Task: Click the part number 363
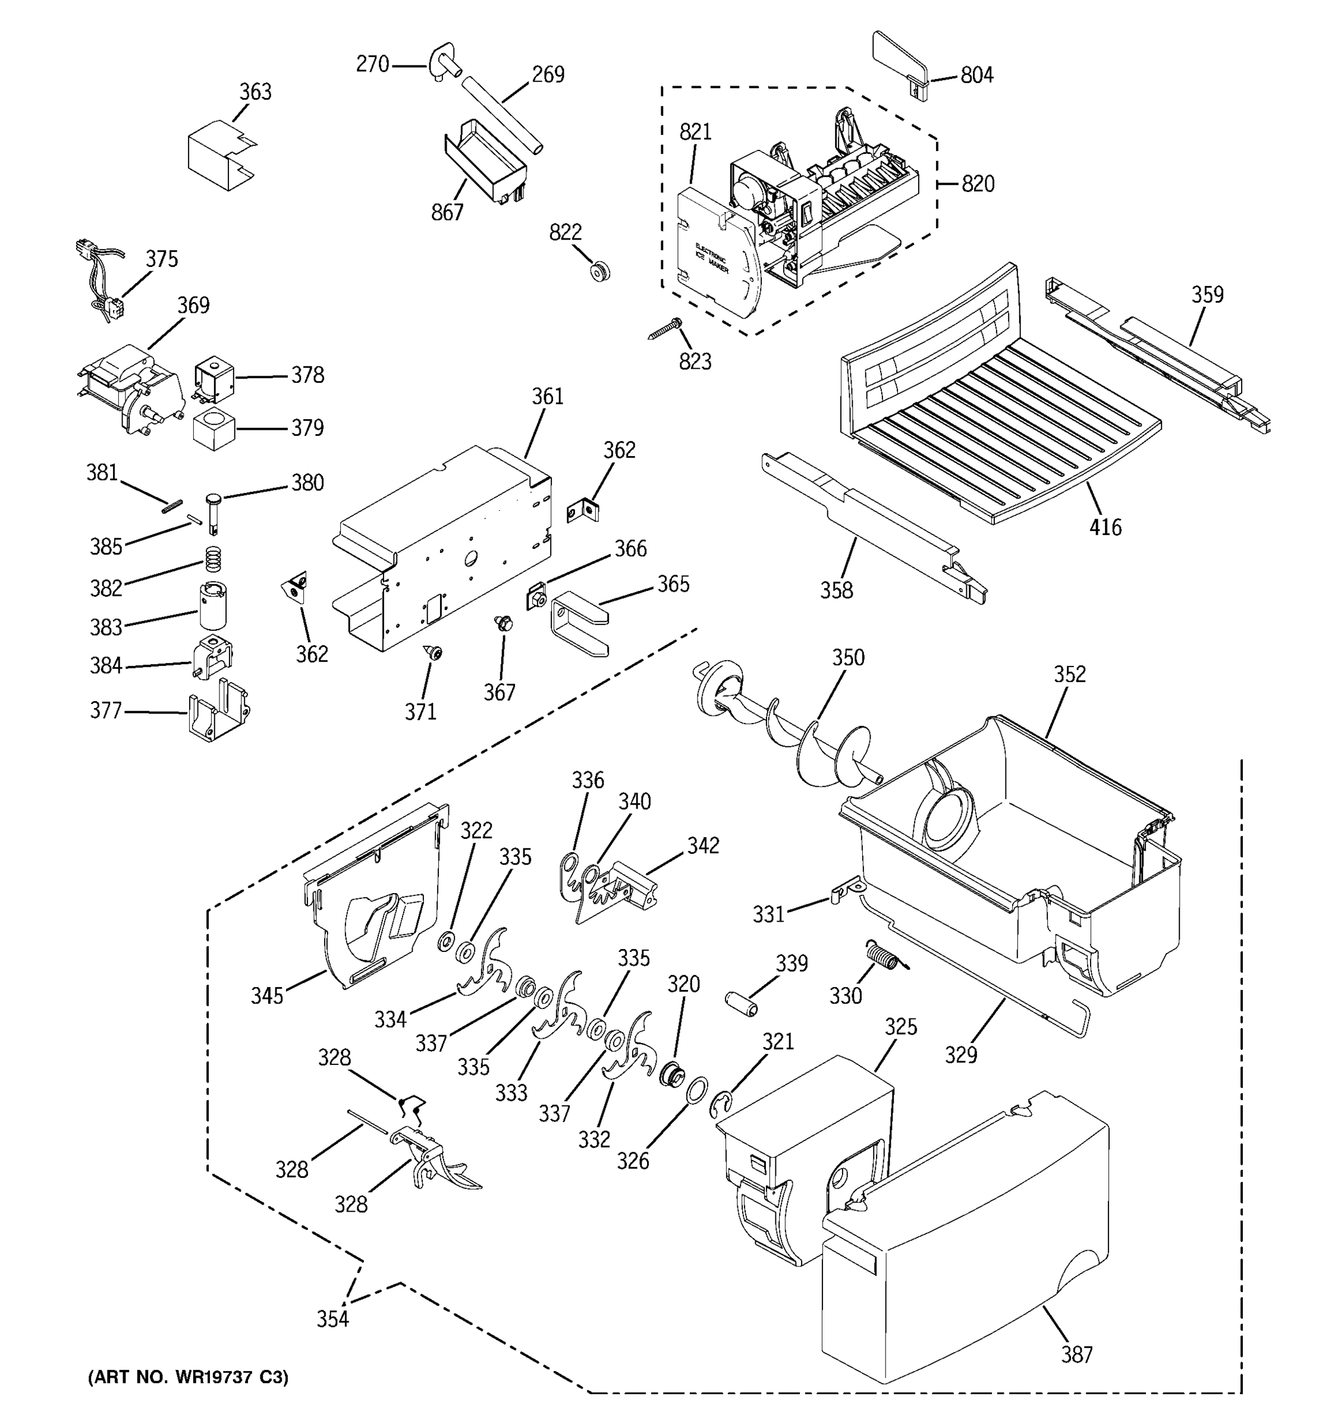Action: point(256,92)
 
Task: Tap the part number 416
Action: point(1105,527)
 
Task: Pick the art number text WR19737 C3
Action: point(188,1376)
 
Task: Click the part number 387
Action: point(1077,1354)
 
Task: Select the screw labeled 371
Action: point(434,652)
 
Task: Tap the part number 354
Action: point(333,1319)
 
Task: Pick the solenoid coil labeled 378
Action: point(214,378)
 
